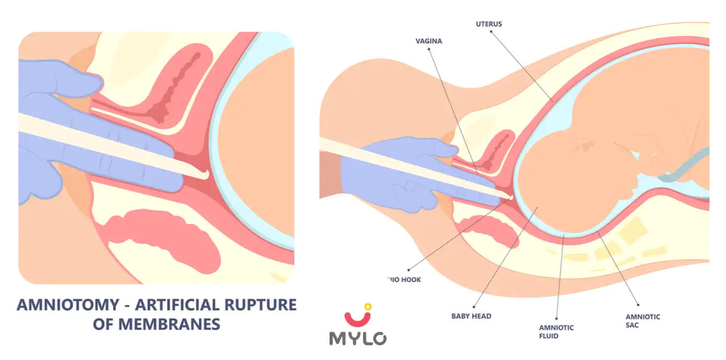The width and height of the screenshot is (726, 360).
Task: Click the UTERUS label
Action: coord(489,24)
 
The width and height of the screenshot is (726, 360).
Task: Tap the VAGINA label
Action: coord(429,41)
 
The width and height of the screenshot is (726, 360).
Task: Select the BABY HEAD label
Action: coord(471,316)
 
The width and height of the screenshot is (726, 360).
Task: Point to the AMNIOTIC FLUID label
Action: coord(556,332)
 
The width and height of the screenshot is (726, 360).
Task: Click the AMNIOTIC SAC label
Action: coord(642,321)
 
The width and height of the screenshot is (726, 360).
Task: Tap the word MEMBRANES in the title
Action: coord(171,324)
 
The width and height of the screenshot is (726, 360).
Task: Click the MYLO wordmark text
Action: coord(358,338)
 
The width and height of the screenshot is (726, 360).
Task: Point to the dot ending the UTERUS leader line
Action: coord(492,31)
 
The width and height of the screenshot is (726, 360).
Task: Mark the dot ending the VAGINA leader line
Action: coord(429,49)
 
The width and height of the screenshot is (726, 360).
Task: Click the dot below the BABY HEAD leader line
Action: coord(473,307)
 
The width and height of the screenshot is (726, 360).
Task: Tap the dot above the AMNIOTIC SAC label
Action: coord(638,305)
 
